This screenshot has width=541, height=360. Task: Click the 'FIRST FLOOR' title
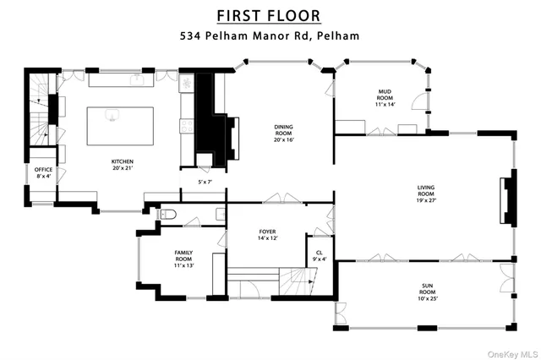270,15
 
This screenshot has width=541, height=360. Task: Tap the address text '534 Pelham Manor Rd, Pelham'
270,36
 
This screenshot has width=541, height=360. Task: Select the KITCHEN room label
123,165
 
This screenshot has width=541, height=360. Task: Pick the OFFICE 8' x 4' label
43,173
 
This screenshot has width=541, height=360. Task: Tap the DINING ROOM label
283,134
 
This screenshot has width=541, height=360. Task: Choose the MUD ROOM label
385,99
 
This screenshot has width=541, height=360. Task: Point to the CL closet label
319,254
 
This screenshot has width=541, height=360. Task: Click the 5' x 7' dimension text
204,183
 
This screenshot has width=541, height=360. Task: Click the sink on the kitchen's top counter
135,79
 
